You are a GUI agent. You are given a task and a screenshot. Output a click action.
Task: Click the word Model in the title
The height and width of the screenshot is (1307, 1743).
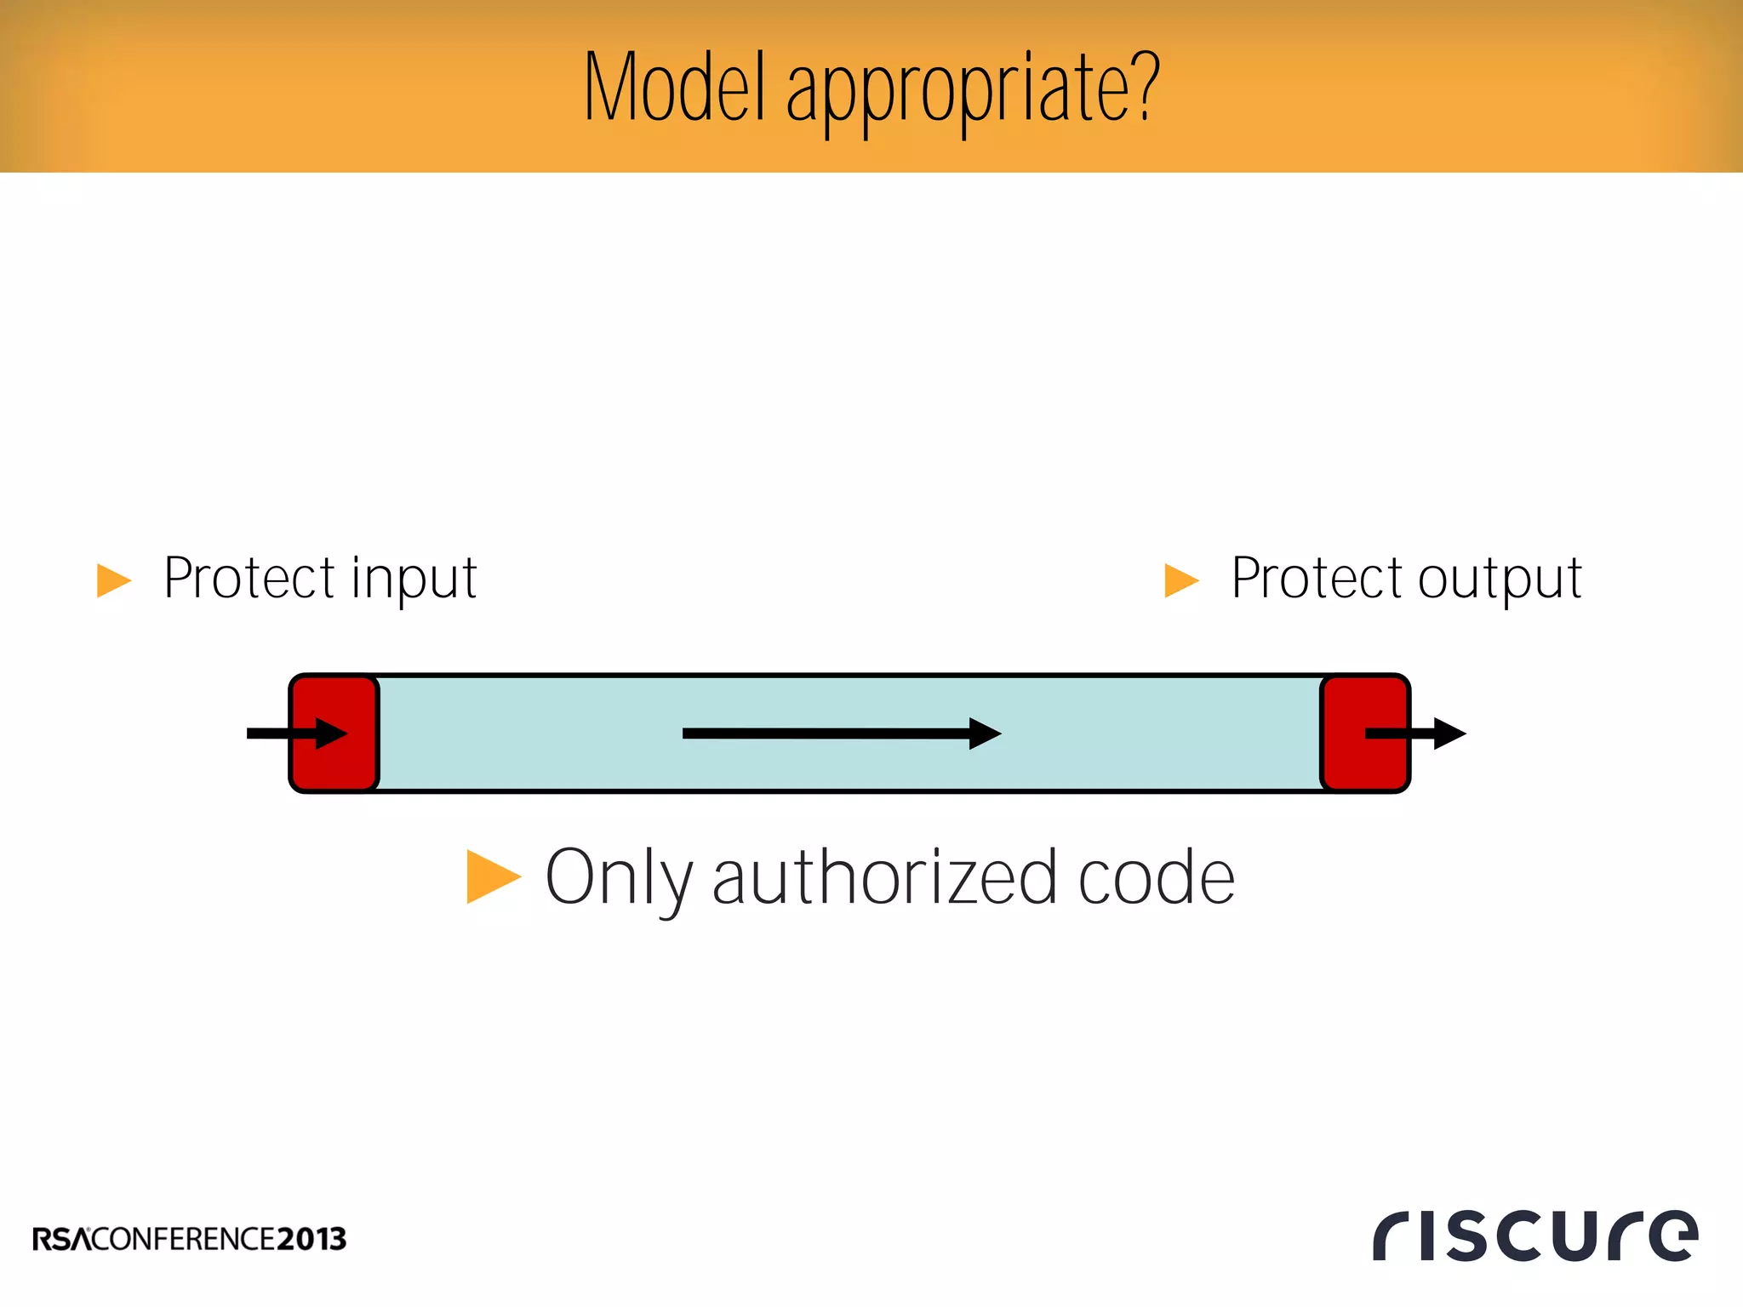[675, 87]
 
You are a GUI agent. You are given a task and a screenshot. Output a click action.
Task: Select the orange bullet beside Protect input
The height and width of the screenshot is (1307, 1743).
[114, 580]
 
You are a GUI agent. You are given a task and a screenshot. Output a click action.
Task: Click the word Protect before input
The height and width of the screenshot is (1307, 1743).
[249, 579]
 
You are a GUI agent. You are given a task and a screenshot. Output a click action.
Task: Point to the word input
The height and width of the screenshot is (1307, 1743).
[414, 580]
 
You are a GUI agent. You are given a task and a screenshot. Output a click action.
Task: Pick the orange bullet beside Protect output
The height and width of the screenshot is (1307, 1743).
[1181, 580]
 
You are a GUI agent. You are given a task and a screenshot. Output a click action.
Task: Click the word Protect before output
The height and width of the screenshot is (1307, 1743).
[1317, 579]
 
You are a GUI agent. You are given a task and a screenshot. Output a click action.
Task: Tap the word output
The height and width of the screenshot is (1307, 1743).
[1500, 580]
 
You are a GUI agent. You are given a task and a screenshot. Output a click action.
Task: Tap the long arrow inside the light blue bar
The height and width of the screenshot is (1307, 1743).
[841, 733]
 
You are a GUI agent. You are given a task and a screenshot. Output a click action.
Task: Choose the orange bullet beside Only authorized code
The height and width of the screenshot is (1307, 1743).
[493, 876]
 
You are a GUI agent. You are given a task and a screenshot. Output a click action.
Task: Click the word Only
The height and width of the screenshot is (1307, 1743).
[619, 878]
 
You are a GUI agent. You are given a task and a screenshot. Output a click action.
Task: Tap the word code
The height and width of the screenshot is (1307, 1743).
[1157, 878]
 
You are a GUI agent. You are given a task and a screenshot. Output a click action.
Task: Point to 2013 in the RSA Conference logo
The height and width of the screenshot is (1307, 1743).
[311, 1239]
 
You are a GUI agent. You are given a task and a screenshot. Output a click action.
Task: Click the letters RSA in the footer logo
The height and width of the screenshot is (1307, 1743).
[61, 1239]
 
